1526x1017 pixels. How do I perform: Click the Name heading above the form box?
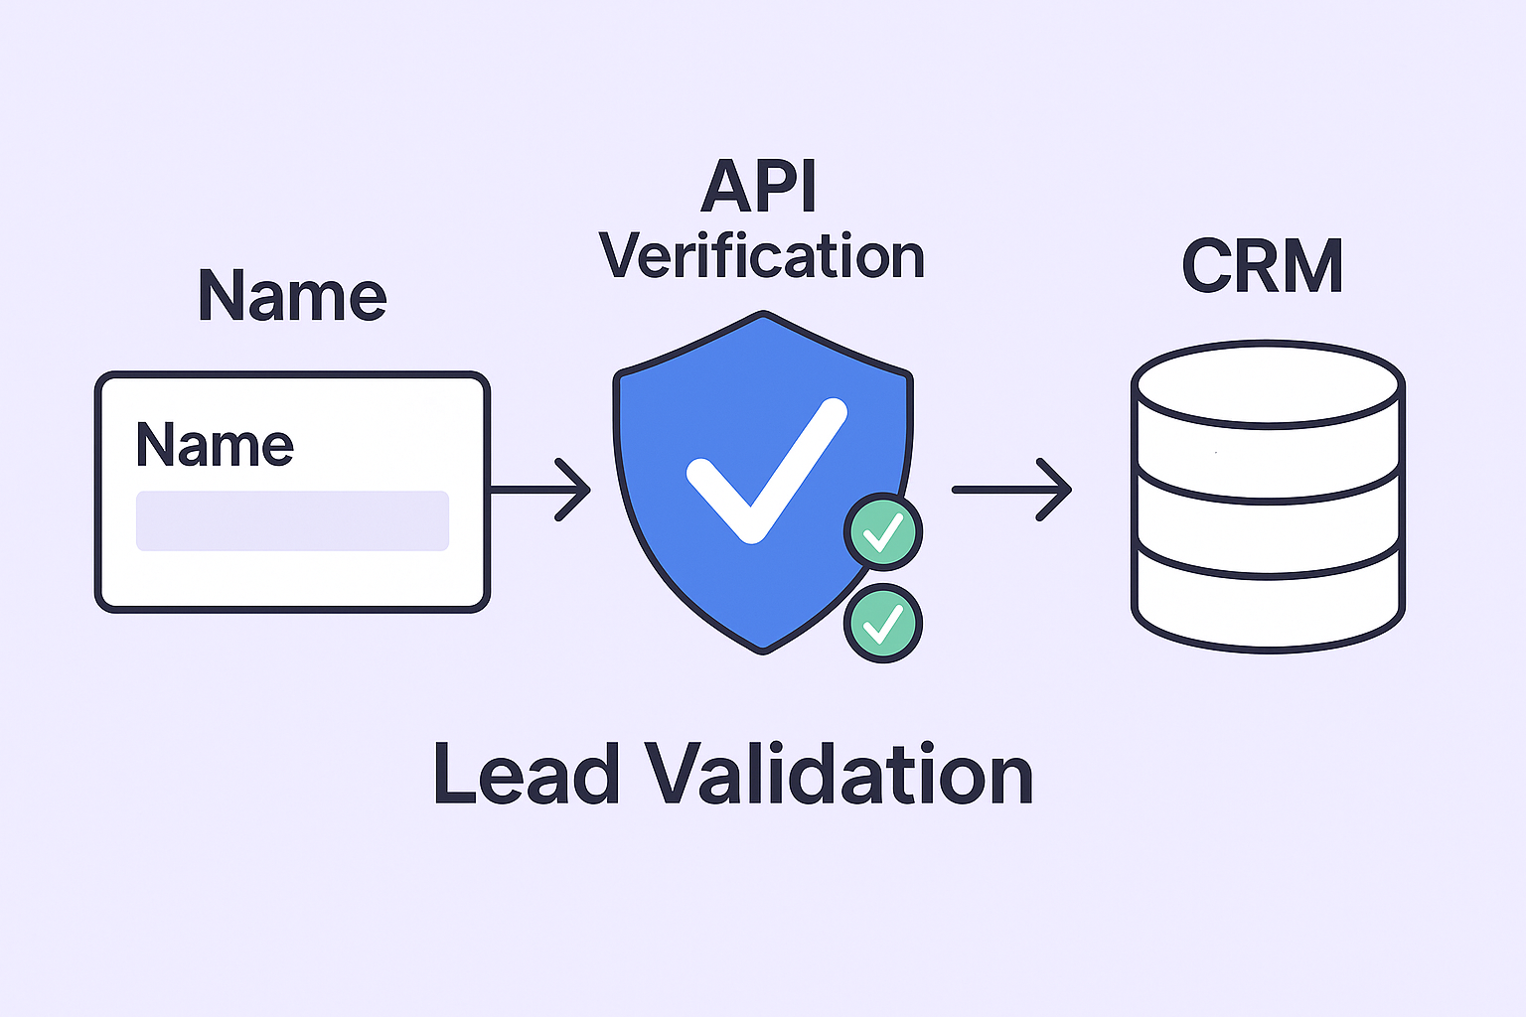pyautogui.click(x=292, y=295)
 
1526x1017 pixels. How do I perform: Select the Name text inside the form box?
pyautogui.click(x=215, y=444)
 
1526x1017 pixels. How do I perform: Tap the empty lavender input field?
pyautogui.click(x=292, y=520)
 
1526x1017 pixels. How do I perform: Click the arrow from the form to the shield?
pyautogui.click(x=540, y=489)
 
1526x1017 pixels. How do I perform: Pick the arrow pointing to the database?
pyautogui.click(x=1011, y=489)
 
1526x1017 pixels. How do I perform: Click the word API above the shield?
pyautogui.click(x=759, y=187)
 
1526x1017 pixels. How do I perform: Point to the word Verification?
pyautogui.click(x=762, y=256)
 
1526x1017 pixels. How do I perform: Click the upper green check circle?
pyautogui.click(x=882, y=532)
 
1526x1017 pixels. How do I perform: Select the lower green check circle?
pyautogui.click(x=882, y=623)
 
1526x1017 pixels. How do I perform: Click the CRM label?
pyautogui.click(x=1263, y=265)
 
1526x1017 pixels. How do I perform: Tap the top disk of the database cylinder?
pyautogui.click(x=1268, y=383)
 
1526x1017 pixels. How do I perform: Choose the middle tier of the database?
pyautogui.click(x=1268, y=527)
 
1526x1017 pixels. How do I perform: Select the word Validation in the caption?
pyautogui.click(x=839, y=774)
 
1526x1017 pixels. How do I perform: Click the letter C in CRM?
pyautogui.click(x=1208, y=265)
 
